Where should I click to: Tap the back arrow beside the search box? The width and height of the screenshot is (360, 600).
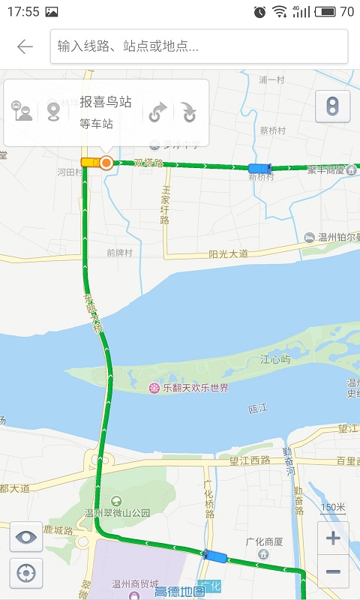coord(25,46)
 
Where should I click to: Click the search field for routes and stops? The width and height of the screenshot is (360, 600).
coord(199,46)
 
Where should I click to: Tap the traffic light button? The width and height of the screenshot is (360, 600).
coord(332,106)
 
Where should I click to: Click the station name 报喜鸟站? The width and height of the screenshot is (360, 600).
coord(106,102)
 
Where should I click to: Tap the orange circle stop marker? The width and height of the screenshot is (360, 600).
coord(106,163)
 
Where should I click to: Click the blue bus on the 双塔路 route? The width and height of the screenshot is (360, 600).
coord(259,168)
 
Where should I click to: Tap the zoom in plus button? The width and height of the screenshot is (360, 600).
coord(333,538)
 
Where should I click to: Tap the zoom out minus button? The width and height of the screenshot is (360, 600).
coord(333,571)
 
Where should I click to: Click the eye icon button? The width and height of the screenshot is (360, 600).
coord(25,537)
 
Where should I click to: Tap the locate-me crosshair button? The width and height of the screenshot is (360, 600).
coord(25,574)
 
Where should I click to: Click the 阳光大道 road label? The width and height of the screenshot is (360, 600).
coord(228,255)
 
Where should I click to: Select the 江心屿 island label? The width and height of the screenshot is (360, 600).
coord(275,360)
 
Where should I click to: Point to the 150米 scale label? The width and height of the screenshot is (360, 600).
coord(333,508)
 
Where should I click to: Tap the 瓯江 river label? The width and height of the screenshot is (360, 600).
coord(258,409)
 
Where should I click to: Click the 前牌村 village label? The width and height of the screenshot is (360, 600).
coord(119,253)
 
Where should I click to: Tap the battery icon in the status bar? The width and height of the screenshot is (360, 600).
coord(325,11)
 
